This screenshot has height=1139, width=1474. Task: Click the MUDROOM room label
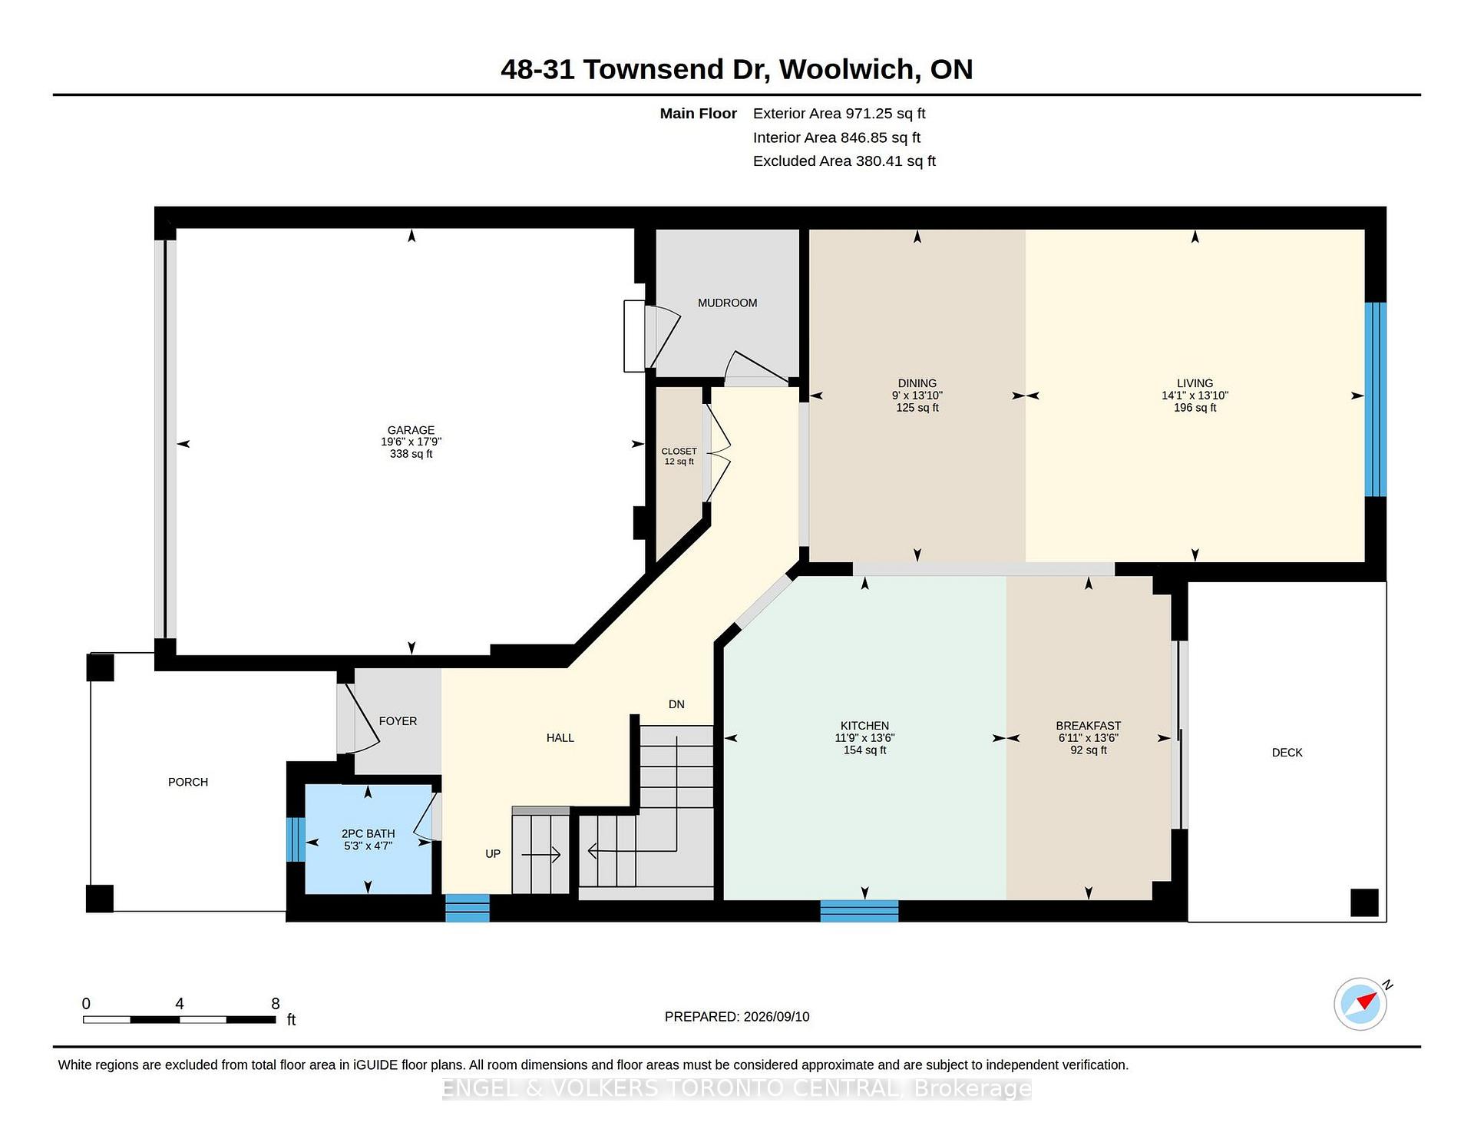[727, 303]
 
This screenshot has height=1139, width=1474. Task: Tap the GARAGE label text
[411, 430]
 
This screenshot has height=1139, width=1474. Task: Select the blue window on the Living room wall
[1375, 399]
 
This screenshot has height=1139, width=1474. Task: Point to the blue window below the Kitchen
[859, 911]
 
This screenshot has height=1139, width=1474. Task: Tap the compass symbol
[1360, 1004]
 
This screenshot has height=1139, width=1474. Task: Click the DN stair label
[676, 704]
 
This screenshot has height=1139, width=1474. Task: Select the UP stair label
[493, 853]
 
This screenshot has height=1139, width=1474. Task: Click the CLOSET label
[679, 452]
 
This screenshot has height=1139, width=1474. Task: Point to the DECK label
[1287, 753]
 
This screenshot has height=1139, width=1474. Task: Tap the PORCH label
[188, 782]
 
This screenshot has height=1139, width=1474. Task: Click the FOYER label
[398, 721]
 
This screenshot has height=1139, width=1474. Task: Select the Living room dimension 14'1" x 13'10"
[1195, 396]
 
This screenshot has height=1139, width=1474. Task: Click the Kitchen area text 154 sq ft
[864, 750]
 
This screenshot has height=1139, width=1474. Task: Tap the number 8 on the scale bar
[276, 1004]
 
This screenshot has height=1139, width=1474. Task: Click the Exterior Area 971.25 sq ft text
[839, 114]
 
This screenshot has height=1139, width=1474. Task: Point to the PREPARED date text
[737, 1017]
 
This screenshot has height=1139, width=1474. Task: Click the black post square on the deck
[1364, 902]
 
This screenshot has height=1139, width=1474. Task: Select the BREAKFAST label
[1088, 726]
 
